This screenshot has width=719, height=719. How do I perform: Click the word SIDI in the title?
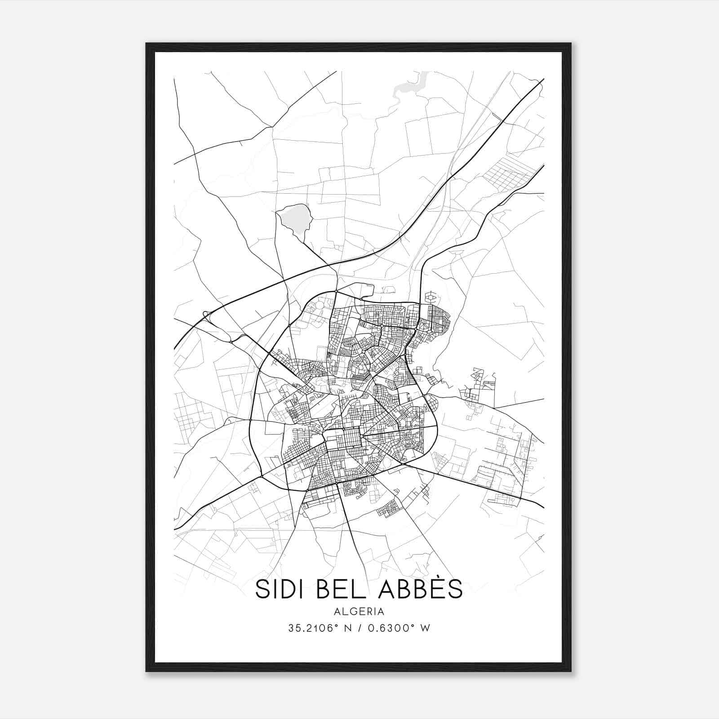pyautogui.click(x=281, y=589)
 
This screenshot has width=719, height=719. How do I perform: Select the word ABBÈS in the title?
pyautogui.click(x=421, y=589)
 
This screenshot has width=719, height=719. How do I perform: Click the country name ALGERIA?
pyautogui.click(x=359, y=612)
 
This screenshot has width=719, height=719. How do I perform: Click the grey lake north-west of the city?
pyautogui.click(x=294, y=219)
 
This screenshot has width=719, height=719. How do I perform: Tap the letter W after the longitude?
pyautogui.click(x=426, y=628)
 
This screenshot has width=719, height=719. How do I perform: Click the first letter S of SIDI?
pyautogui.click(x=261, y=589)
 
